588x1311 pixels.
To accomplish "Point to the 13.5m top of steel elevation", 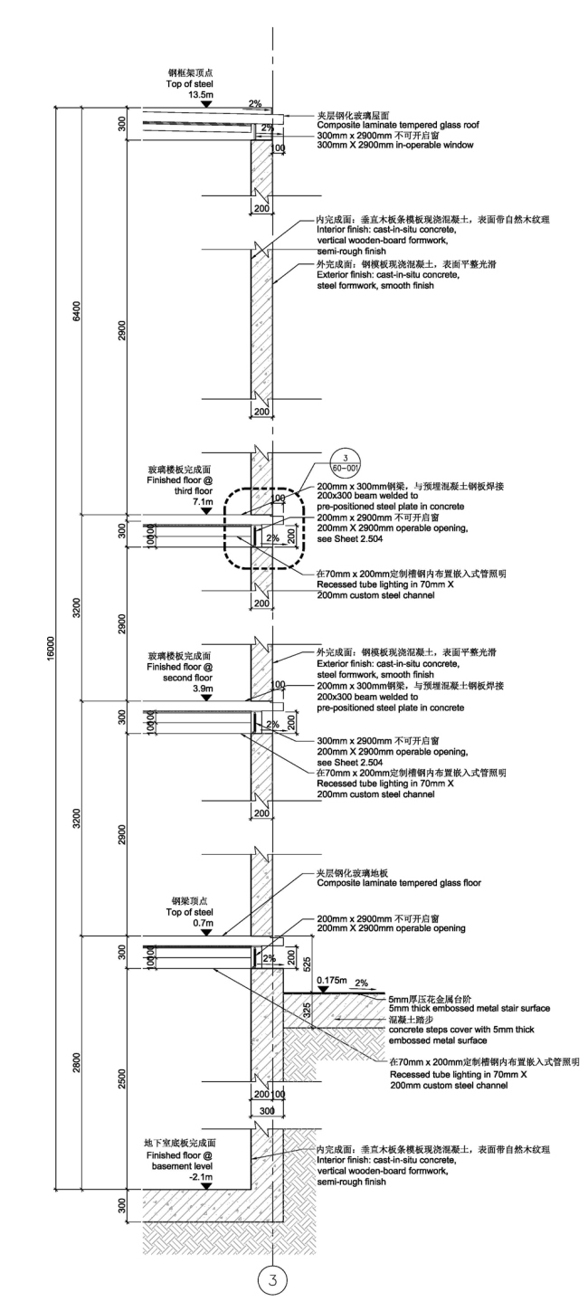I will point(200,94).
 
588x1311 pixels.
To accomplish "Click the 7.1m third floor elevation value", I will point(200,500).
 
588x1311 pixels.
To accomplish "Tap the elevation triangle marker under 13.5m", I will point(206,105).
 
